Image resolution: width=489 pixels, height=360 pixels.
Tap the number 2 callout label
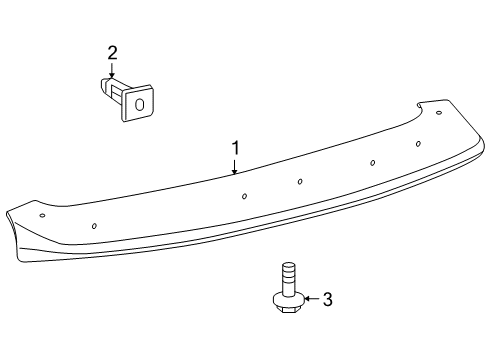(x=112, y=52)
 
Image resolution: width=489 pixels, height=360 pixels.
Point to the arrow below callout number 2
(x=112, y=70)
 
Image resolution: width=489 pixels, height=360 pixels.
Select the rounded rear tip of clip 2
(x=104, y=87)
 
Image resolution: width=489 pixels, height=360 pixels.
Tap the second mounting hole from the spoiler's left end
(x=94, y=225)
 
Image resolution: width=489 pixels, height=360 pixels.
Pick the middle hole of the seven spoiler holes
(x=301, y=181)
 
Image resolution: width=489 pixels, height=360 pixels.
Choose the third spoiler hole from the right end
(x=373, y=162)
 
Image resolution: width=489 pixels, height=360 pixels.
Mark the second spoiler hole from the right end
(x=418, y=143)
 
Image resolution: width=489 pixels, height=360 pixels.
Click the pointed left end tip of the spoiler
(x=7, y=211)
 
